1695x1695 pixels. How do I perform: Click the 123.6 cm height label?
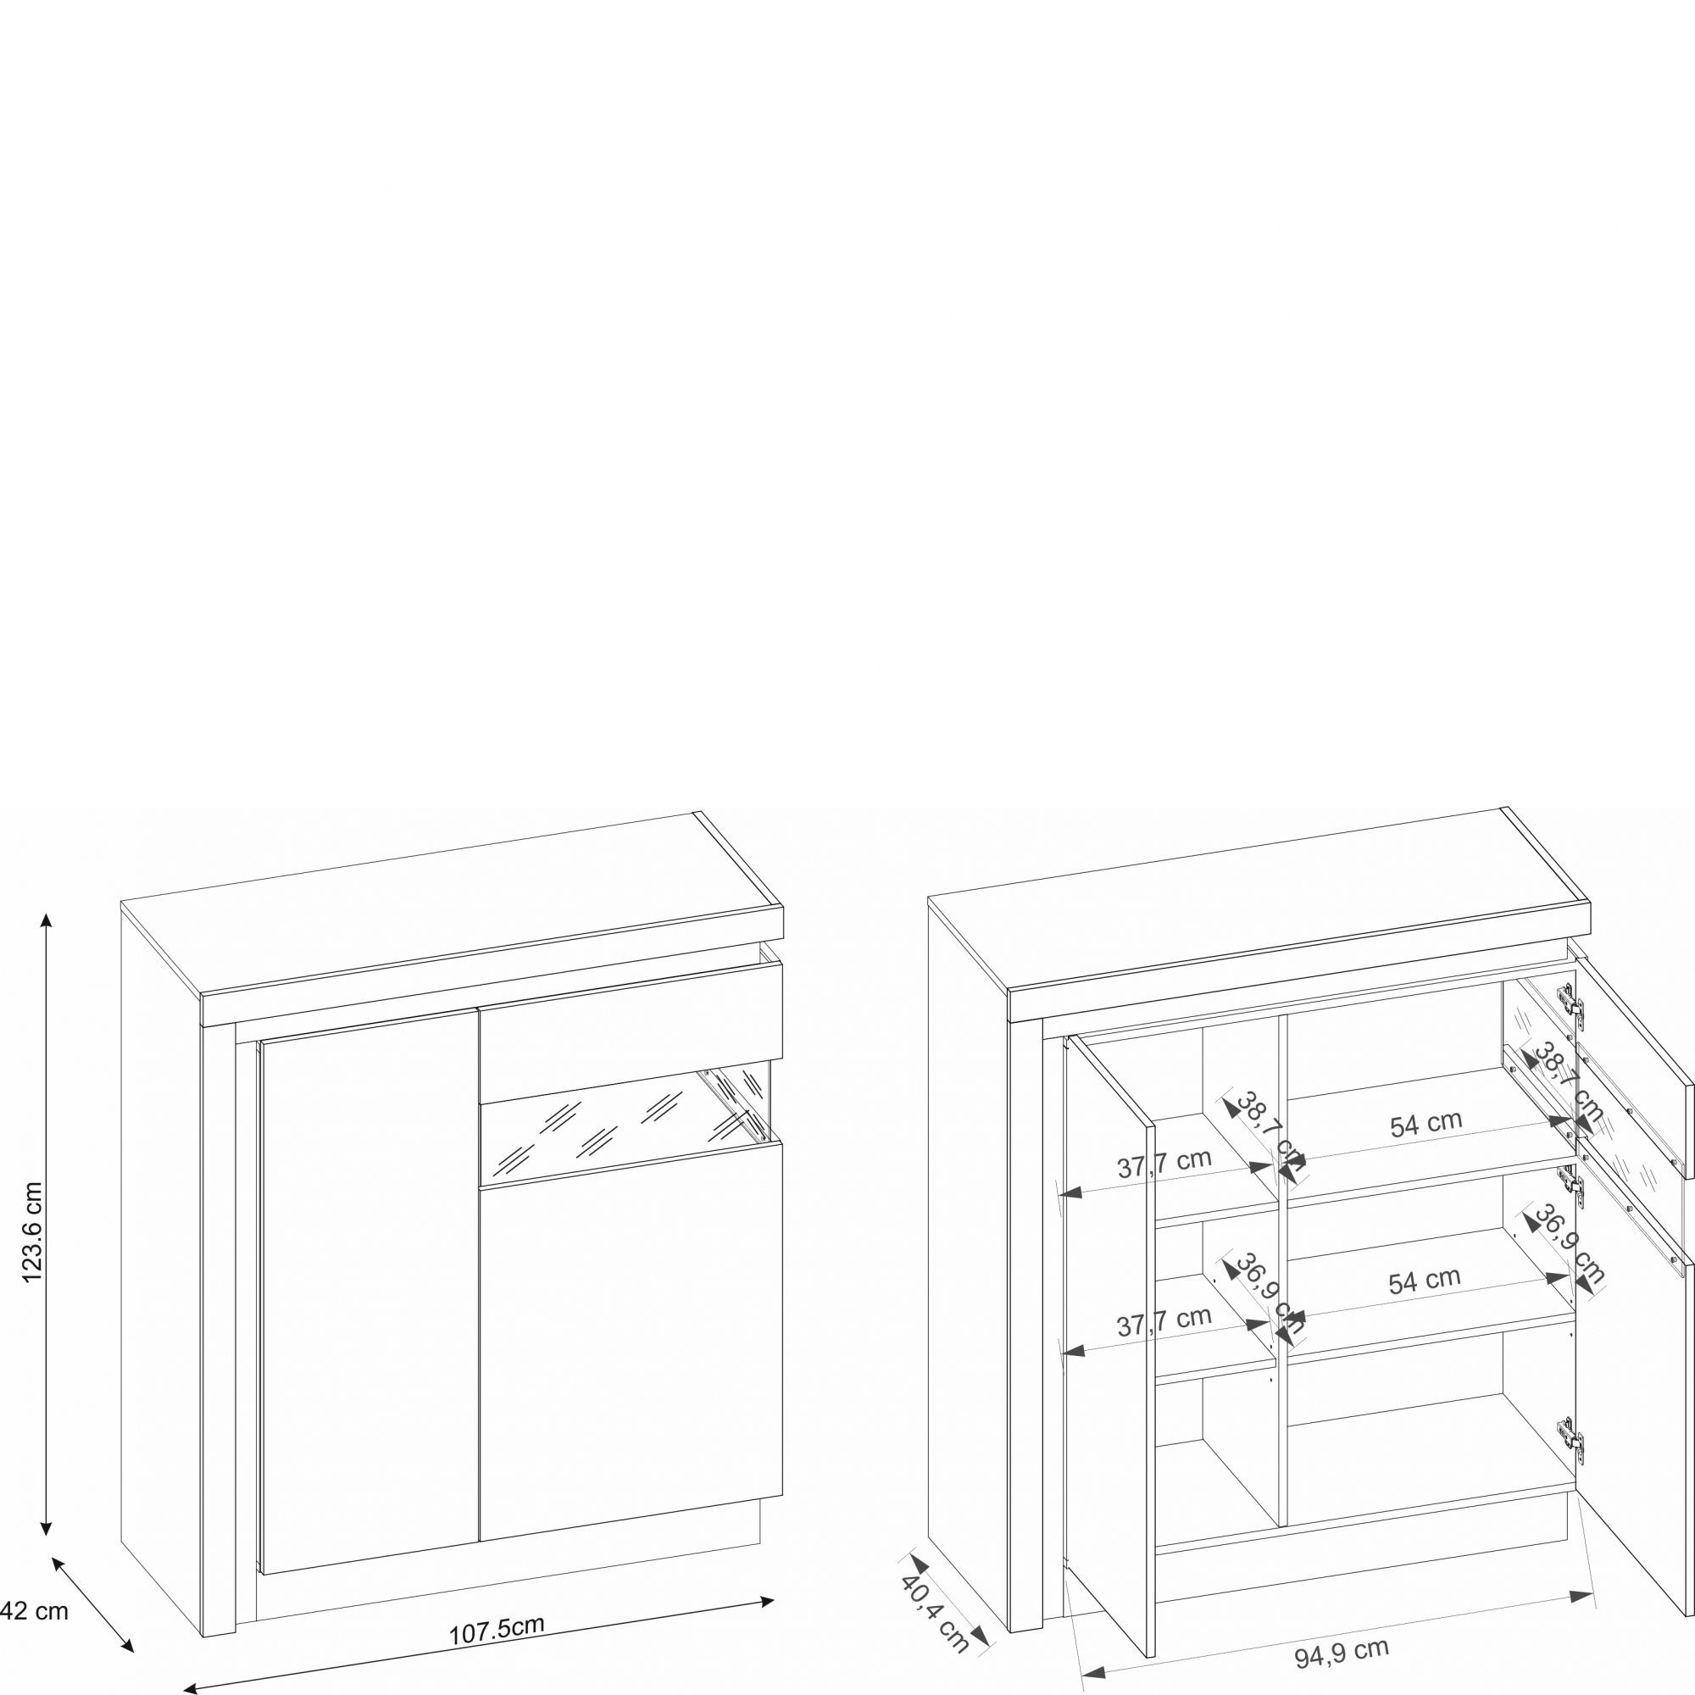point(32,1232)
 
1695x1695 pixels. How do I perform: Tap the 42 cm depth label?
point(34,1611)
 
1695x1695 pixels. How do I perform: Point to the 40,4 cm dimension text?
point(936,1614)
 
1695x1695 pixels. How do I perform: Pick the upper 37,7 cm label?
point(1164,1164)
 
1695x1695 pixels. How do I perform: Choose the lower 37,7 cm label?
point(1164,1321)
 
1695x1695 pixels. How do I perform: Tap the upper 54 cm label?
point(1425,1124)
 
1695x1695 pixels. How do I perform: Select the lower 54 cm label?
point(1424,1281)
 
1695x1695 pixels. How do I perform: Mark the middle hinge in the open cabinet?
point(1570,1185)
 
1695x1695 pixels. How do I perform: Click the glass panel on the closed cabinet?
point(625,1123)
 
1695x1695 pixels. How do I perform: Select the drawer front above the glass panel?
point(631,1033)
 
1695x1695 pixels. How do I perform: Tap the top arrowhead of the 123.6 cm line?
point(47,920)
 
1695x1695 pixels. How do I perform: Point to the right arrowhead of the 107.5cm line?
point(768,1602)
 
